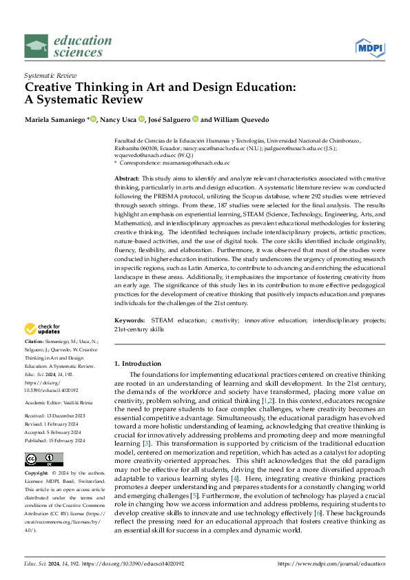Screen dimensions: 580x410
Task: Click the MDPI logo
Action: pos(369,47)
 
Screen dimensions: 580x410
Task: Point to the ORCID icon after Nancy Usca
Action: pos(141,119)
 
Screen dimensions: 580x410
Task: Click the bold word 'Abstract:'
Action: pos(129,178)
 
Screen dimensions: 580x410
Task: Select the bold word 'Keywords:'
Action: pos(130,321)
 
